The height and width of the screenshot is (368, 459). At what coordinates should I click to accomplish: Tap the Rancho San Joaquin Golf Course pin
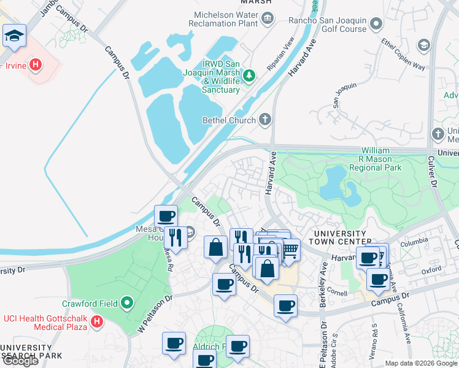point(376,24)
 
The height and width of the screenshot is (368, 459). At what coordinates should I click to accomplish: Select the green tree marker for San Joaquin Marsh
point(249,76)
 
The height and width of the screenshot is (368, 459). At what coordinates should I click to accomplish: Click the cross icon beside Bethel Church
point(264,119)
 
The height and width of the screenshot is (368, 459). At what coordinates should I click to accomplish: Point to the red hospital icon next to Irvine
point(36,64)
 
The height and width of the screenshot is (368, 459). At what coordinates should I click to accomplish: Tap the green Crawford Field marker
point(127,302)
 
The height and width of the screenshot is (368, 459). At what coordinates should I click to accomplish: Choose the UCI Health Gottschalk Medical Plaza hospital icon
point(96,321)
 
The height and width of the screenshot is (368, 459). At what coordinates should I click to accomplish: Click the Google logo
point(20,360)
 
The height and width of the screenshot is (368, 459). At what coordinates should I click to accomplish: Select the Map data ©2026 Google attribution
point(420,363)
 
